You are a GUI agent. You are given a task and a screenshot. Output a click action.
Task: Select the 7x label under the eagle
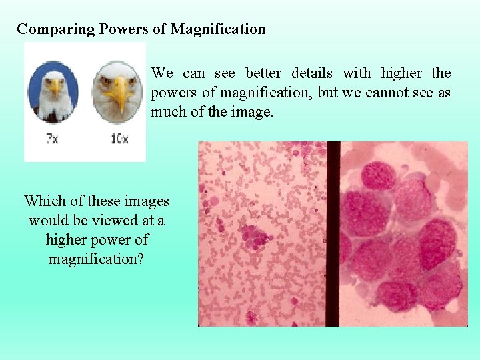click(x=51, y=139)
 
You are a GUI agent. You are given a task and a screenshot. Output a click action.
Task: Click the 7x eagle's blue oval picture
click(x=53, y=92)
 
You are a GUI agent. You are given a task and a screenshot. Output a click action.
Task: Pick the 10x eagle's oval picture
click(x=117, y=92)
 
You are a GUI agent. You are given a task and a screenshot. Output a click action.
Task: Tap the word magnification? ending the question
click(x=96, y=259)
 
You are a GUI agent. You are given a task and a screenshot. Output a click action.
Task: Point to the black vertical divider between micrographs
click(x=333, y=233)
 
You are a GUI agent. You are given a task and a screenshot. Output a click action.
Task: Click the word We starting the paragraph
click(x=162, y=73)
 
